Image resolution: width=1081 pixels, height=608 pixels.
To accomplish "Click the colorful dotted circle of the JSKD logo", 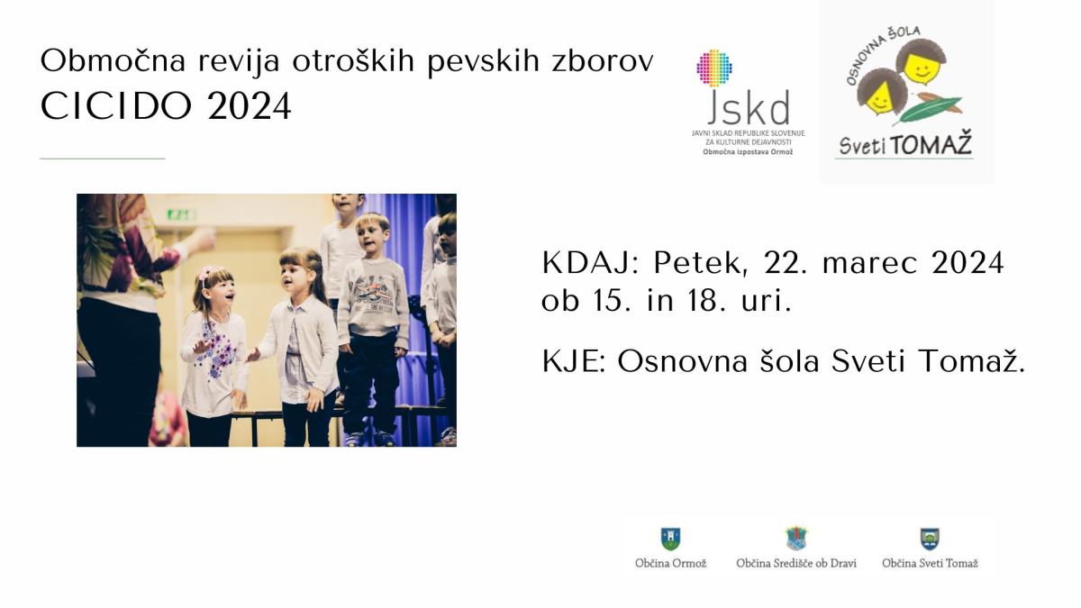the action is pyautogui.click(x=714, y=68).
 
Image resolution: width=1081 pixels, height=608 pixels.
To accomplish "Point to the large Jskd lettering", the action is pyautogui.click(x=749, y=106).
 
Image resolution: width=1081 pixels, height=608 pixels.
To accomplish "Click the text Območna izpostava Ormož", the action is pyautogui.click(x=748, y=152).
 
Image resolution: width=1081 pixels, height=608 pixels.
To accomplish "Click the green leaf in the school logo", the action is pyautogui.click(x=929, y=109).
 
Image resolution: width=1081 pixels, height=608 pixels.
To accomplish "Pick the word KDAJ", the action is pyautogui.click(x=590, y=263).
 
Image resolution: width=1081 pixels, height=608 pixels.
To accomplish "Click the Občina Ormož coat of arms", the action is pyautogui.click(x=670, y=539).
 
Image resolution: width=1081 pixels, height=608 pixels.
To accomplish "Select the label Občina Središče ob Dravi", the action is pyautogui.click(x=796, y=563).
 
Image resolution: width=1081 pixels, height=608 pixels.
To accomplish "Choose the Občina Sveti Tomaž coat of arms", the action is pyautogui.click(x=930, y=539).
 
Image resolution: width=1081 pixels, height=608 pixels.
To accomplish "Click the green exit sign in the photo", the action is pyautogui.click(x=181, y=214).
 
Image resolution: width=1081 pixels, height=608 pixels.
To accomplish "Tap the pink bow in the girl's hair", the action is pyautogui.click(x=205, y=275).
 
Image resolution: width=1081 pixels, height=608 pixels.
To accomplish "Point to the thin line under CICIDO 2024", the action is pyautogui.click(x=103, y=159).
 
